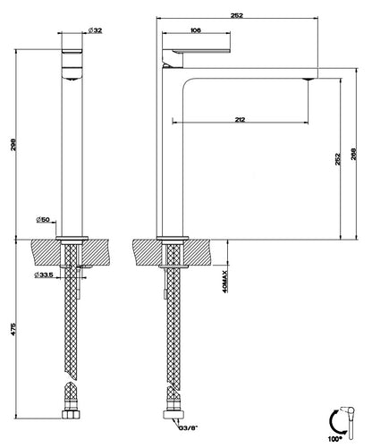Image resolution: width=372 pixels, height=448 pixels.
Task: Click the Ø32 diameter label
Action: (x=96, y=30)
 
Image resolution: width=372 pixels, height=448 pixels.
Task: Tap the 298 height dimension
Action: (x=13, y=145)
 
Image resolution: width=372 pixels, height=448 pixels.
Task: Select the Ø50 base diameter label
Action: (x=43, y=220)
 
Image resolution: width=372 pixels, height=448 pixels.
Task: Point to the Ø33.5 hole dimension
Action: (x=44, y=275)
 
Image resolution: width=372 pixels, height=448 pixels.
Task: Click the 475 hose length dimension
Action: (x=13, y=329)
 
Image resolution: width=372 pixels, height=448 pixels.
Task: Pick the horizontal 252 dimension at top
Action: (x=237, y=15)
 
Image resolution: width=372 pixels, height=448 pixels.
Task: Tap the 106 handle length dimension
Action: (x=196, y=30)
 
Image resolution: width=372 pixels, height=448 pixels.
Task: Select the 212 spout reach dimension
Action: (x=240, y=120)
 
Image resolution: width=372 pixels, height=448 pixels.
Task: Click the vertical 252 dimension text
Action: (x=338, y=159)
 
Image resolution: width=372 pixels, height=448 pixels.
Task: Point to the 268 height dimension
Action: (x=354, y=154)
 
